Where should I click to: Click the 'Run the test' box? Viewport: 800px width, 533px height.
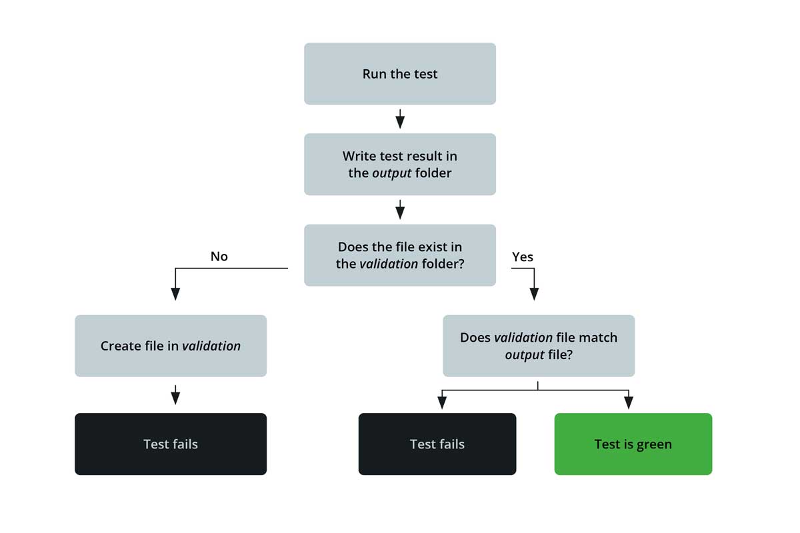(400, 74)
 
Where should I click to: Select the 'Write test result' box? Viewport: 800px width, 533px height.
(400, 165)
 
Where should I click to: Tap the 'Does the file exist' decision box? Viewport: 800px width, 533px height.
(400, 255)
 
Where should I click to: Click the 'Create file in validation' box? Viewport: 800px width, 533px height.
(171, 346)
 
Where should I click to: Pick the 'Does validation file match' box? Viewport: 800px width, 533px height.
(539, 346)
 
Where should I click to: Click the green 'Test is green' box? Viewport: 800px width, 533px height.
(633, 444)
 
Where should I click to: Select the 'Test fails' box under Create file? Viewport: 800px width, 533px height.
(171, 444)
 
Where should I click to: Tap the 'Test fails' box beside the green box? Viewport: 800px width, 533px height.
(437, 444)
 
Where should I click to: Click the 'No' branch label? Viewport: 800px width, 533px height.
(219, 257)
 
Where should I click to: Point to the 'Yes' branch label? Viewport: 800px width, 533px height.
(523, 257)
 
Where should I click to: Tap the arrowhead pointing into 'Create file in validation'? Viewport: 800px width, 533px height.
(175, 294)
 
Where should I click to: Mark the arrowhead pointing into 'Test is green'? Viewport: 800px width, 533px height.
(628, 402)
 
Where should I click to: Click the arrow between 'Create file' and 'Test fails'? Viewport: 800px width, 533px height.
(175, 395)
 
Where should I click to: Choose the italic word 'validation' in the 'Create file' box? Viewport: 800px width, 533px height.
(211, 346)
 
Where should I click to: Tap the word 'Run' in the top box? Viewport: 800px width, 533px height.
(374, 74)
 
